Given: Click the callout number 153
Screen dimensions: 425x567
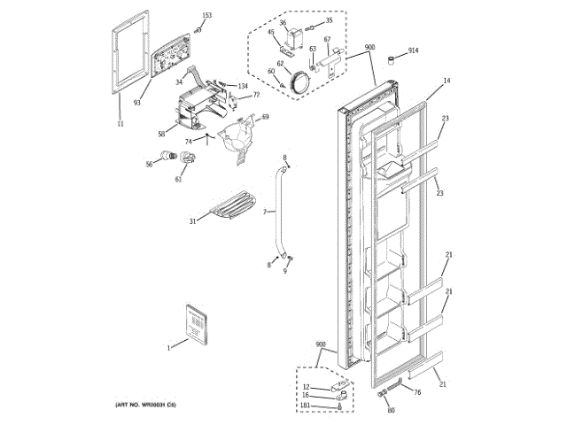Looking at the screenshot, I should pyautogui.click(x=207, y=16).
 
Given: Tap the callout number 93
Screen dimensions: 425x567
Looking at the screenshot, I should pyautogui.click(x=137, y=104).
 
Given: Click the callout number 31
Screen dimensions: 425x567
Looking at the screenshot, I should pyautogui.click(x=191, y=221).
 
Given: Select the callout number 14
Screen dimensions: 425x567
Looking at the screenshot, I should pyautogui.click(x=447, y=81).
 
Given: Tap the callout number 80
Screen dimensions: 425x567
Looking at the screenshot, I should pyautogui.click(x=390, y=410).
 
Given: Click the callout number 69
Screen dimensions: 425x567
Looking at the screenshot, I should pyautogui.click(x=264, y=117).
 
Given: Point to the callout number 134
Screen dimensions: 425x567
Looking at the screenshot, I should pyautogui.click(x=242, y=85).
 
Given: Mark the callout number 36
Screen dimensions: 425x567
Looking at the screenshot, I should pyautogui.click(x=283, y=22).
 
